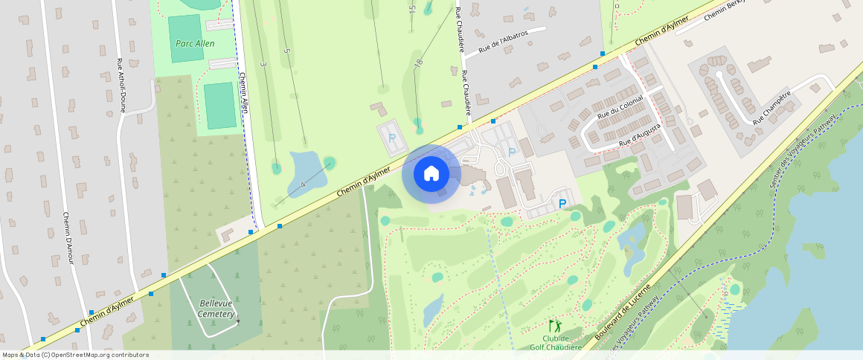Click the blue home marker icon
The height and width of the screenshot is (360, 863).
[431, 174]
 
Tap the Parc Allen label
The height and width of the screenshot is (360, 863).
[195, 44]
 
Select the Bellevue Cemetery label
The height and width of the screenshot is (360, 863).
[217, 308]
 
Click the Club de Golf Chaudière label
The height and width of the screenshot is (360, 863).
[555, 342]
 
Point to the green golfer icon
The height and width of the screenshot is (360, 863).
[554, 326]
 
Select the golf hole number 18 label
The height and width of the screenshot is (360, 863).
[419, 65]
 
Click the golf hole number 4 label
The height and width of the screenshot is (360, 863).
[304, 184]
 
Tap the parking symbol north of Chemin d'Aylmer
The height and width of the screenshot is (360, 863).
[392, 138]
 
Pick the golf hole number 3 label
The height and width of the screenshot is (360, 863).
[263, 65]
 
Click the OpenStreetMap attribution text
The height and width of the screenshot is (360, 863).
[75, 355]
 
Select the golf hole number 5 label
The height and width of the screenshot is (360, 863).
[286, 51]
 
